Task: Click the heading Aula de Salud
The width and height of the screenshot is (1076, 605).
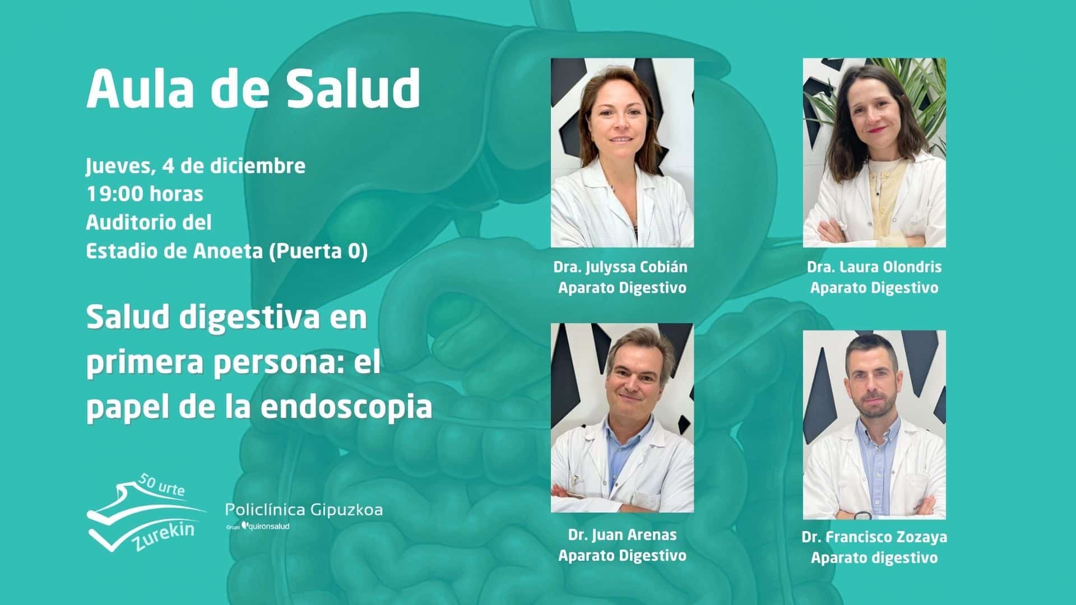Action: point(253,89)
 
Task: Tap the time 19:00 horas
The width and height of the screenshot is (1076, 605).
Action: point(145,194)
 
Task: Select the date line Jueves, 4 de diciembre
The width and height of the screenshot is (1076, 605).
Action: point(196,166)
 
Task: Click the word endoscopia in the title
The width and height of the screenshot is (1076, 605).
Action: point(347,407)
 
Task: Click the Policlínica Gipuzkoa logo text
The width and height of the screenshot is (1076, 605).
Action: point(304,510)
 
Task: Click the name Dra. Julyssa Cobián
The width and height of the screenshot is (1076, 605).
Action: point(620,267)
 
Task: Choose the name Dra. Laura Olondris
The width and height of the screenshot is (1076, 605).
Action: point(874,267)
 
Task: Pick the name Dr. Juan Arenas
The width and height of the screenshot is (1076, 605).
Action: point(622,534)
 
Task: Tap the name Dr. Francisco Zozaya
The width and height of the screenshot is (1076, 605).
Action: point(874,537)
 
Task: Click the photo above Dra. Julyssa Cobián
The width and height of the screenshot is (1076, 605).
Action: point(622,152)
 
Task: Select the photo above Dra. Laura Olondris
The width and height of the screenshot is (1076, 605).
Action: point(874,152)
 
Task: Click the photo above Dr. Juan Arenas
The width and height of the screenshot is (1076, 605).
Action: point(622,418)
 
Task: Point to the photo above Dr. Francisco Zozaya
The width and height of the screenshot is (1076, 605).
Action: point(874,425)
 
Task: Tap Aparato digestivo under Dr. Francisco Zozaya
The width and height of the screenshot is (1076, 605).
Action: point(874,558)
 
